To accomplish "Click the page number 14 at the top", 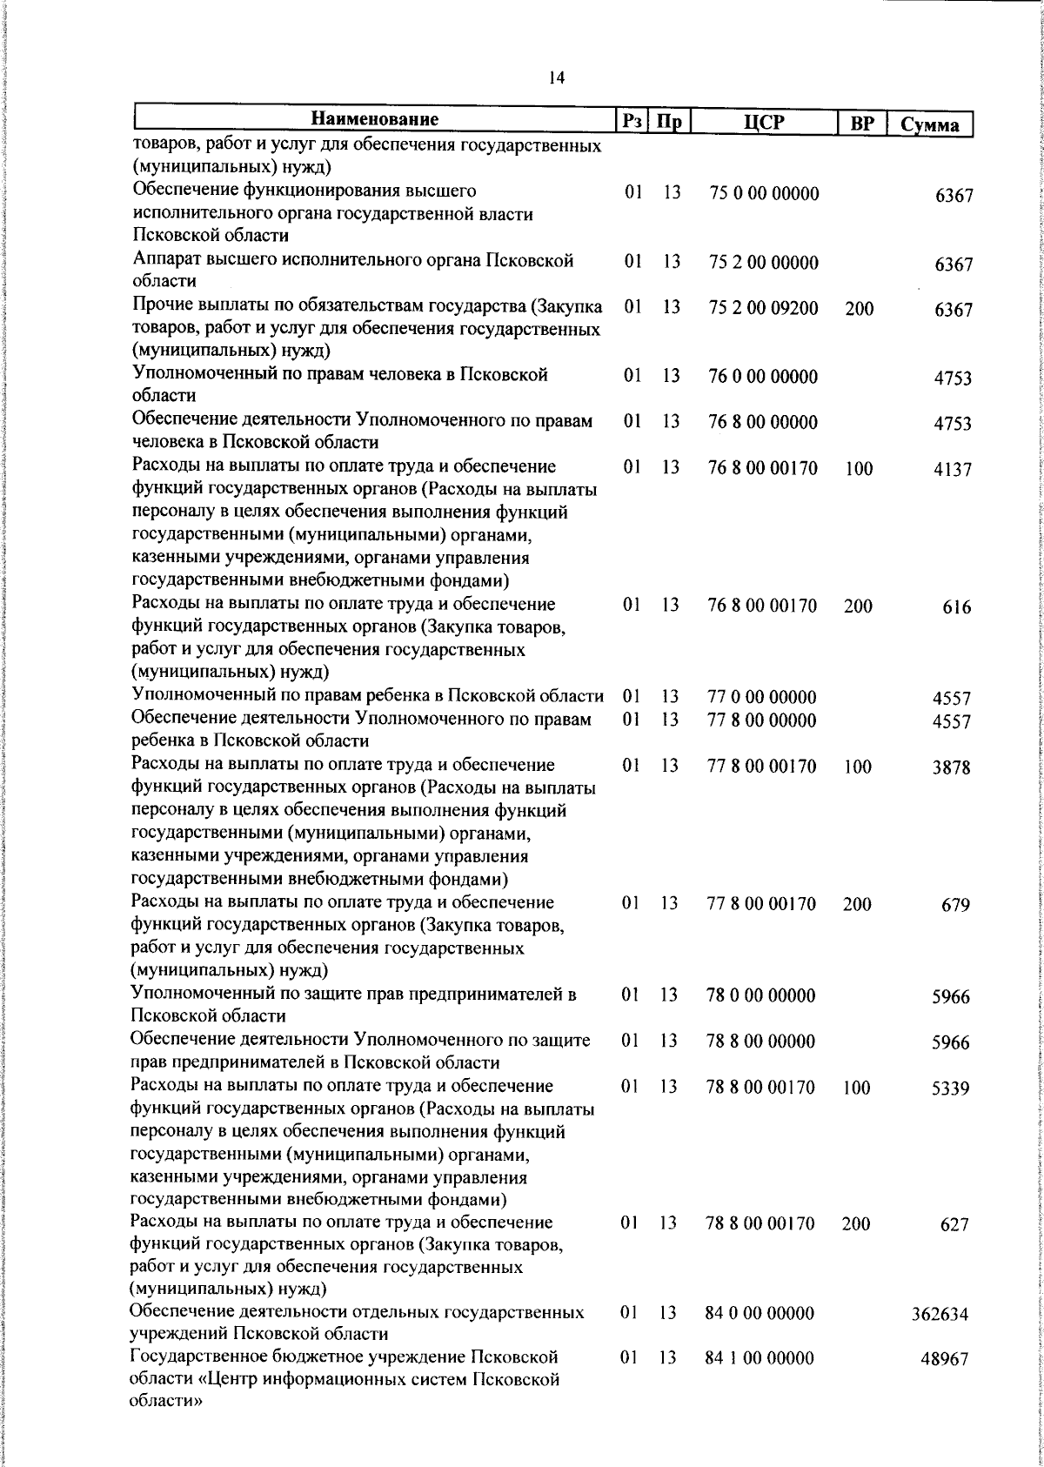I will (557, 78).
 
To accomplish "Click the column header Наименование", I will (375, 119).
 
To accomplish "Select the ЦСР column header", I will (764, 122).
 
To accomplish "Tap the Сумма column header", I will (929, 124).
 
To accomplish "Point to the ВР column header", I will (861, 123).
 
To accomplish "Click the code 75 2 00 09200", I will (764, 308).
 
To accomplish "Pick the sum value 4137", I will (952, 470).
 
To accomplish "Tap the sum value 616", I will (956, 607).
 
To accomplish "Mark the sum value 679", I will (954, 906).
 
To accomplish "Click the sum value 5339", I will (950, 1089).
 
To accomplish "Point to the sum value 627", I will (954, 1225).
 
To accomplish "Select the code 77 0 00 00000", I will (762, 698).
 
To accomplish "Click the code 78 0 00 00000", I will (760, 995).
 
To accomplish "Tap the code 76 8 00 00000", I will (763, 423).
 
